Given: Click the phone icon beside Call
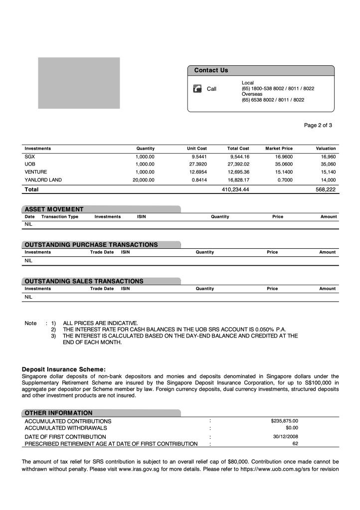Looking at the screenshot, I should pos(197,88).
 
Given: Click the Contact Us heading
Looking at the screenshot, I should pos(211,70).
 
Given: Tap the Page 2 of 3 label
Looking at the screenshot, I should pos(318,125).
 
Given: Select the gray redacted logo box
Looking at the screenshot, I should pos(79,83).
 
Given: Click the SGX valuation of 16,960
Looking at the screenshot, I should pos(328,156).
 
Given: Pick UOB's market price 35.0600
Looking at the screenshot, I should pos(283,164).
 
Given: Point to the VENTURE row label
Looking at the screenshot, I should pos(36,172).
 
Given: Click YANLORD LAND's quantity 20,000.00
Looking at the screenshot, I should pos(144,180).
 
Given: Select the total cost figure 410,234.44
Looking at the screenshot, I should pos(235,189).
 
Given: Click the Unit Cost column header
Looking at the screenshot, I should pos(197,149).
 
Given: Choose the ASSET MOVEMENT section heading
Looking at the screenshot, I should pos(54,209).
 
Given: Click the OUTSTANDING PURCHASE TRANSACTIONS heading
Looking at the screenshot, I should pos(91,245).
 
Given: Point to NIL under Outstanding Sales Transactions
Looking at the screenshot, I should pos(28,297).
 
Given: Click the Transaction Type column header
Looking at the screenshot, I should pos(60,217).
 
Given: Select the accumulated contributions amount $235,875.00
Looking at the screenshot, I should pos(284,421).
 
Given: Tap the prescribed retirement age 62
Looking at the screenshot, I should pos(295,443).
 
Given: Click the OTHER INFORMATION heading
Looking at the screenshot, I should pos(58,413).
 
